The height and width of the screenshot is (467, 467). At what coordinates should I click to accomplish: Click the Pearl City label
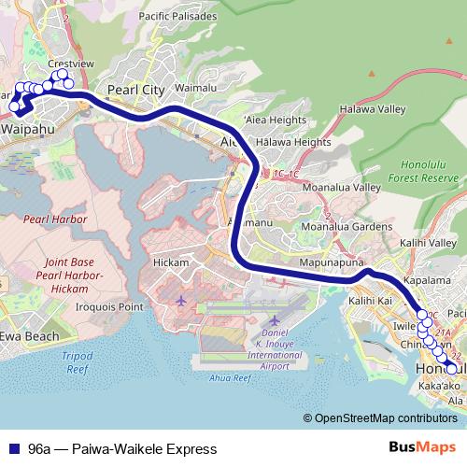[x=136, y=90]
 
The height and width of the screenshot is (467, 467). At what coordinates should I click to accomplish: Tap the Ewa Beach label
[x=30, y=336]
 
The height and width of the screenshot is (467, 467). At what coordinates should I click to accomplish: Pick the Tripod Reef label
[x=77, y=363]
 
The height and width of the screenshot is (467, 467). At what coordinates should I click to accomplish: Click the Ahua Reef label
[x=231, y=378]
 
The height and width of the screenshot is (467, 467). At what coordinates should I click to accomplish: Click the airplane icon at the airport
[x=181, y=301]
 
